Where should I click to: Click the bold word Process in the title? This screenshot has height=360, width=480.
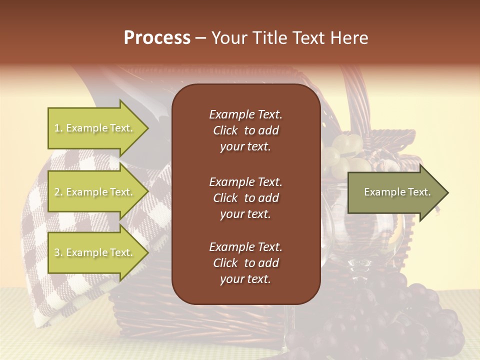[x=157, y=38]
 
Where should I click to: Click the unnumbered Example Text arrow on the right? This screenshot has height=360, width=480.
[x=397, y=192]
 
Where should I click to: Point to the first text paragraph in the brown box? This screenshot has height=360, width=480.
[x=245, y=130]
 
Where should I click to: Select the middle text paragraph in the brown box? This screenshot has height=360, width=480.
[x=245, y=198]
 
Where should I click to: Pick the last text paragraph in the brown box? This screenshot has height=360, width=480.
[x=245, y=263]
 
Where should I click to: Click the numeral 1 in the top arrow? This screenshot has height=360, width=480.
[x=57, y=128]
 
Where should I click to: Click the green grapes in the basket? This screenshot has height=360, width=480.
[x=345, y=150]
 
